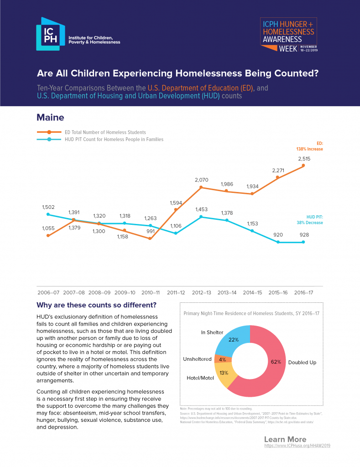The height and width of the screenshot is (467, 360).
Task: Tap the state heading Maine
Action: pos(50,118)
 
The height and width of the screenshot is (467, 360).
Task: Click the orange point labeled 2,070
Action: pos(201,187)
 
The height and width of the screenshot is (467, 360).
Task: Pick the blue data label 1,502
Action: pos(48,207)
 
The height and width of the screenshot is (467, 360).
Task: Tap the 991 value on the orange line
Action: pos(151,231)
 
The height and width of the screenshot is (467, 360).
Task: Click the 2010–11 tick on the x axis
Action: pos(150,292)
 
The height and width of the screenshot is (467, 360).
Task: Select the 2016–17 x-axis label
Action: pos(304,292)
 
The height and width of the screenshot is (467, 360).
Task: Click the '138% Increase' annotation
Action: pos(309,149)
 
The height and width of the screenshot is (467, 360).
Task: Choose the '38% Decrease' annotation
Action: pos(309,223)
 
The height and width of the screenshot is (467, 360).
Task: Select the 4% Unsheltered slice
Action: pos(222,359)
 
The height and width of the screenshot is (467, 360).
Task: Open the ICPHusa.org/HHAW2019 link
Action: pos(297,445)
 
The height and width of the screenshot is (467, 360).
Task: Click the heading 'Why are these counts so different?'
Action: pos(96,305)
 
